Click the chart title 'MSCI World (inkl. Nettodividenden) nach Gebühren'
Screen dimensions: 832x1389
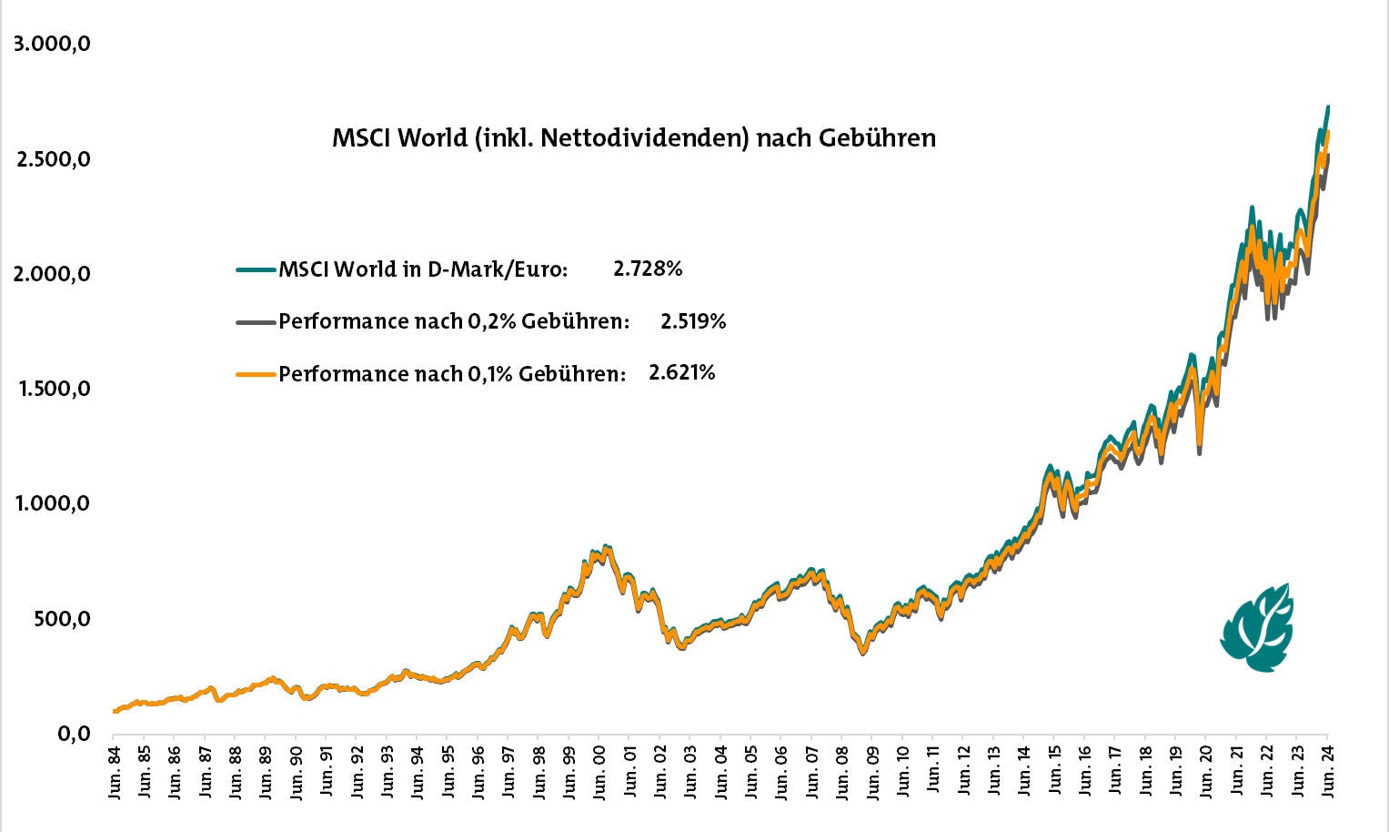(x=633, y=138)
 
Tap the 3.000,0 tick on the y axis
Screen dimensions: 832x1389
(x=52, y=44)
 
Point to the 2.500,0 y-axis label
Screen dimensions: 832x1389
(x=52, y=159)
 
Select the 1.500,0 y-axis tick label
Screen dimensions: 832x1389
(x=52, y=389)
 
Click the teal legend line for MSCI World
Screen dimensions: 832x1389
(x=256, y=269)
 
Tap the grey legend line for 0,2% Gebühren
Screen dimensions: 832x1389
(x=256, y=322)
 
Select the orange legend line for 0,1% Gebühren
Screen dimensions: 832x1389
(x=256, y=374)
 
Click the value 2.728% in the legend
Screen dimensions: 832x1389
(x=647, y=269)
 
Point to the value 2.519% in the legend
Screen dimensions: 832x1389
(x=693, y=321)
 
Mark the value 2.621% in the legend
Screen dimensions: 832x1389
(x=681, y=373)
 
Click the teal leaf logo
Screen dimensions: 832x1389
(x=1258, y=628)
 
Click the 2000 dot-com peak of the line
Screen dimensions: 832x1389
(x=607, y=548)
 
